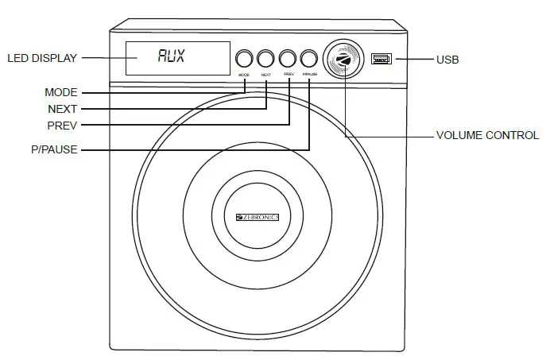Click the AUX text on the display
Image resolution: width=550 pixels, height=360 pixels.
coord(171,57)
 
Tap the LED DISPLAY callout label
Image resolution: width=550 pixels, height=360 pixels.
coord(42,58)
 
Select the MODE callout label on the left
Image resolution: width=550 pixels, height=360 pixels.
coord(61,93)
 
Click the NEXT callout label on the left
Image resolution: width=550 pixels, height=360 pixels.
coord(62,109)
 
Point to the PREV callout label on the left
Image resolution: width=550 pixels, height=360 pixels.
coord(62,126)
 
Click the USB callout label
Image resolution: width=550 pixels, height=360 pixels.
coord(447,60)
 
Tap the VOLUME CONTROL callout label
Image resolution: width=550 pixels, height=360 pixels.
coord(487,136)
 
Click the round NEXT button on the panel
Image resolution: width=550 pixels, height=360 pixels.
coord(266,58)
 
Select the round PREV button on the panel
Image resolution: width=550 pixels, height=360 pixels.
coord(288,58)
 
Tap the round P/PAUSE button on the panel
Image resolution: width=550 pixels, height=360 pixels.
coord(309,58)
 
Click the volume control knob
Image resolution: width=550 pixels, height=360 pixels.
coord(344,58)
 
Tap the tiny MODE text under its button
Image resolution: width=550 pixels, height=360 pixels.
coord(244,74)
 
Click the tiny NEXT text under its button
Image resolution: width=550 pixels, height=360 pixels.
coord(266,74)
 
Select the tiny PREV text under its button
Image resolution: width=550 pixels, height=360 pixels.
coord(288,74)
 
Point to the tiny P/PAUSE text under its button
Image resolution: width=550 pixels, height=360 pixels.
coord(309,74)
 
